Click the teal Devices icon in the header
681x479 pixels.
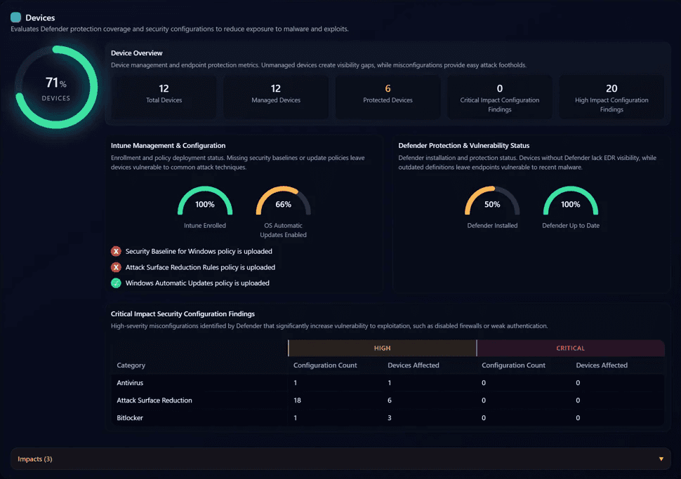(15, 18)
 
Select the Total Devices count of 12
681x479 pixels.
(164, 88)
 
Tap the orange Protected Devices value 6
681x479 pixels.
(388, 88)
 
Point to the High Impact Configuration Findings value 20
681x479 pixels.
(611, 88)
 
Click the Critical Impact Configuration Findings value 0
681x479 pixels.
(500, 88)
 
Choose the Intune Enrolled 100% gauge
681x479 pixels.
(205, 204)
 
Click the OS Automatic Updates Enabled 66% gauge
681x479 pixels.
(283, 204)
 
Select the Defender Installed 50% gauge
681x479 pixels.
(492, 204)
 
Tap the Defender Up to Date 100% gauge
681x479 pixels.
(571, 204)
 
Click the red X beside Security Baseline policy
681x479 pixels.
(116, 251)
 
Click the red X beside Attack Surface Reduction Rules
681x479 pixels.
(116, 267)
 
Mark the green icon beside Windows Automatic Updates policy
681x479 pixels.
(116, 283)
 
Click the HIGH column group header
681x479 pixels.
(382, 348)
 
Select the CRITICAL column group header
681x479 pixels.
(570, 348)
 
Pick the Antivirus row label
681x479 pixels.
(129, 383)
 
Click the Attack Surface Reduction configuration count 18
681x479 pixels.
(298, 400)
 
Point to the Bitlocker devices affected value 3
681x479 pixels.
(390, 418)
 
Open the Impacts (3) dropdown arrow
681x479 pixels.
(661, 459)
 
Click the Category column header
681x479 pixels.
(131, 365)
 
